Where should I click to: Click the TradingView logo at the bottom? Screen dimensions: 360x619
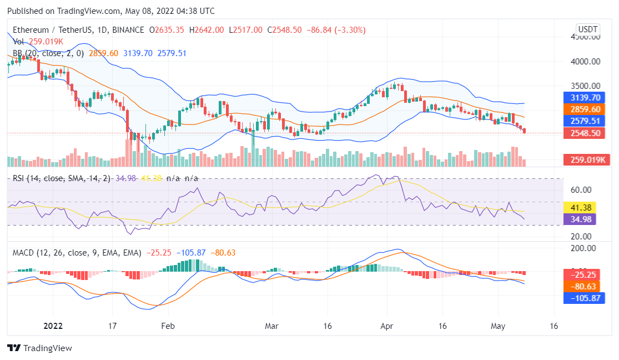click(39, 348)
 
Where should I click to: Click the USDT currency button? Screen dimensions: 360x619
click(588, 29)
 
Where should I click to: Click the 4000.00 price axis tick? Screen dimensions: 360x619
click(585, 62)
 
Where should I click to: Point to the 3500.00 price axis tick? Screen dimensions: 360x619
click(585, 86)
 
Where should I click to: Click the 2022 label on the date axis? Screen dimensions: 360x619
click(53, 326)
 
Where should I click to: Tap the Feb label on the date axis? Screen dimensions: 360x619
click(168, 326)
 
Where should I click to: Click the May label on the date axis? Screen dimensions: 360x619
click(497, 326)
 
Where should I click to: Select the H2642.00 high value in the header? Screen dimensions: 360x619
click(207, 29)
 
